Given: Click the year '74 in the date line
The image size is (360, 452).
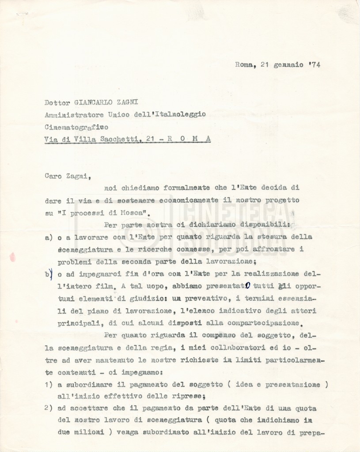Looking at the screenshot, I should click(x=315, y=64).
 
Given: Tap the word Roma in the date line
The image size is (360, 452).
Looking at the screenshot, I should click(x=244, y=64).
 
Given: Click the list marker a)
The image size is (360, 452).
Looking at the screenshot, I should click(x=49, y=237).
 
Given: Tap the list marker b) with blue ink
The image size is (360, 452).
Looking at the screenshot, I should click(x=49, y=274).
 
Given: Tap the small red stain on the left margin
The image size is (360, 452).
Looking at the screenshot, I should click(x=12, y=257).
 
